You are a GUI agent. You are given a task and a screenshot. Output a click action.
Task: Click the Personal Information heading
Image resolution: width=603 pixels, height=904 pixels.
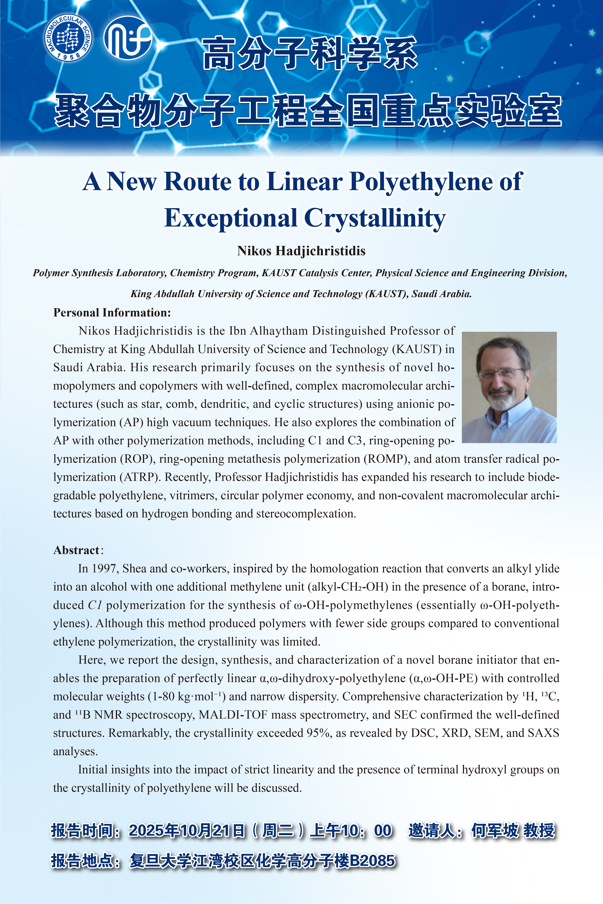[x=112, y=313]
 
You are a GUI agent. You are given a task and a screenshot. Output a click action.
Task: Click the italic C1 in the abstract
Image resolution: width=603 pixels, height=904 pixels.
[x=95, y=605]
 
